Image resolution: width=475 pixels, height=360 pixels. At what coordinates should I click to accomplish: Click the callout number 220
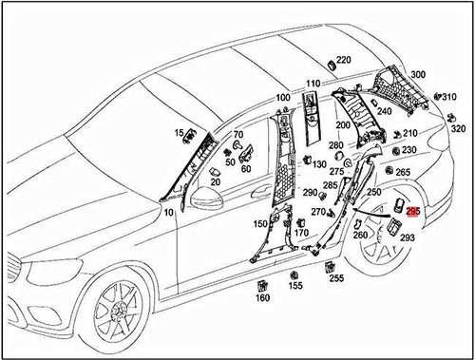pyautogui.click(x=343, y=60)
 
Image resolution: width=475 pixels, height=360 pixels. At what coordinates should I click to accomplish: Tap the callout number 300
pyautogui.click(x=418, y=75)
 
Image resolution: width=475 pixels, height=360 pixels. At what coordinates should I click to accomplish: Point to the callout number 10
pyautogui.click(x=168, y=213)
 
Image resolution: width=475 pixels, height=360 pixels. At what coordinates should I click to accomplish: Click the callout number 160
pyautogui.click(x=263, y=297)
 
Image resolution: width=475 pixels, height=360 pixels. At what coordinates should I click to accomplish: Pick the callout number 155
pyautogui.click(x=295, y=285)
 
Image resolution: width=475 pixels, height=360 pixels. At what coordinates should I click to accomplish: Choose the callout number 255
pyautogui.click(x=336, y=278)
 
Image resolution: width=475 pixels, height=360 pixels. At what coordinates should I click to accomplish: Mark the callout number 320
pyautogui.click(x=458, y=129)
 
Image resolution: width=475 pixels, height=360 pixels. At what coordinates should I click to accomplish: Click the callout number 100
pyautogui.click(x=283, y=98)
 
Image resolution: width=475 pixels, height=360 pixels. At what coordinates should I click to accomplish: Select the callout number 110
pyautogui.click(x=313, y=84)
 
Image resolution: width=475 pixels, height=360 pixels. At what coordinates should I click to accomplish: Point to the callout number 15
pyautogui.click(x=179, y=132)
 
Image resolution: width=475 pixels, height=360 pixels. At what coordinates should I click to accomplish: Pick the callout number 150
pyautogui.click(x=259, y=224)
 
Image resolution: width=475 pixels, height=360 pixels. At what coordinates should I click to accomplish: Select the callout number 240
pyautogui.click(x=384, y=111)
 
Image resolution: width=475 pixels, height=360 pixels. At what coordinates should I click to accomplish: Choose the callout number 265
pyautogui.click(x=403, y=172)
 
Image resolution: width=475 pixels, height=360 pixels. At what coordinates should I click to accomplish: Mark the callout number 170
pyautogui.click(x=301, y=233)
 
